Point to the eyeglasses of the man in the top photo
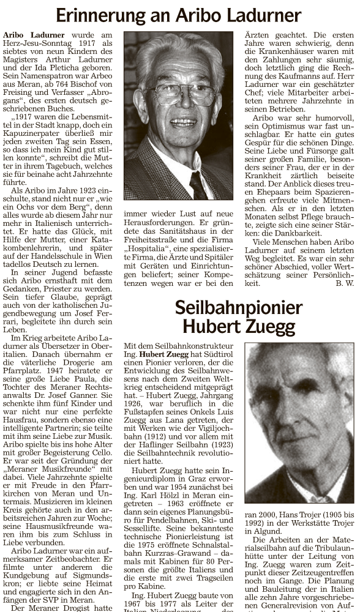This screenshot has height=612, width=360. coord(179,93)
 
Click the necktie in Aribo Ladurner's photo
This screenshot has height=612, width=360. coord(197,184)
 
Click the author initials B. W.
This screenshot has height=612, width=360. coord(345,283)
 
